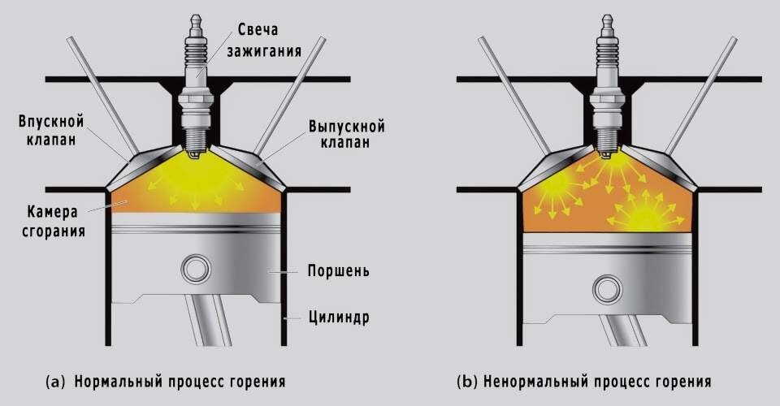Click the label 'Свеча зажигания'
tap(269, 41)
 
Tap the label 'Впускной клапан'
tap(51, 130)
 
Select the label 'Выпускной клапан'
tap(346, 135)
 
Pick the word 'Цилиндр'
tap(340, 317)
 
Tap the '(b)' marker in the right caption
tap(467, 380)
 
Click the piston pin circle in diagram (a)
tap(195, 269)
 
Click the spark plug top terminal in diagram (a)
tap(196, 17)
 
